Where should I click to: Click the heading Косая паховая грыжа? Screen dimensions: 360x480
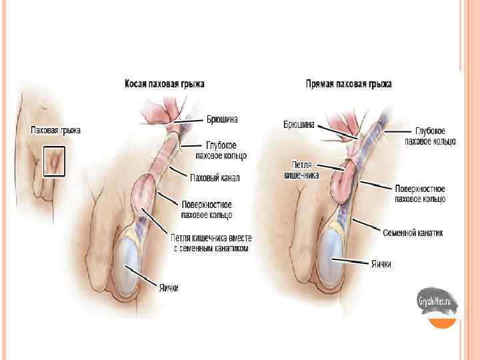click(165, 84)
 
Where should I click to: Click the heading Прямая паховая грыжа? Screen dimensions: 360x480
click(349, 84)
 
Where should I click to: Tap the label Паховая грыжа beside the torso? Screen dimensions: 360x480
click(56, 130)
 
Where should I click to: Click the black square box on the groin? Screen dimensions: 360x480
click(53, 161)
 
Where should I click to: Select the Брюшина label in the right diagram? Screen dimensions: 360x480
click(298, 124)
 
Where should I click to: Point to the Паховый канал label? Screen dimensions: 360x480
click(215, 178)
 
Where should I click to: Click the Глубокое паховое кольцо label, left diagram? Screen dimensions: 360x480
click(221, 150)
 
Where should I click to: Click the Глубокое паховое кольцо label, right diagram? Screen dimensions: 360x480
click(430, 136)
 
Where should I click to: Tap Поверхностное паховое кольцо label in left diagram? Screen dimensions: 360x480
click(207, 209)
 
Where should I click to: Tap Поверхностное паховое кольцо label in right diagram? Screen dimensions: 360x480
click(420, 193)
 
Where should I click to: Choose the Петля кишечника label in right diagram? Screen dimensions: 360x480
click(305, 170)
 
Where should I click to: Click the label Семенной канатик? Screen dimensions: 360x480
click(412, 233)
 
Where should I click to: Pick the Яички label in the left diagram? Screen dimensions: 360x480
click(168, 287)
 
